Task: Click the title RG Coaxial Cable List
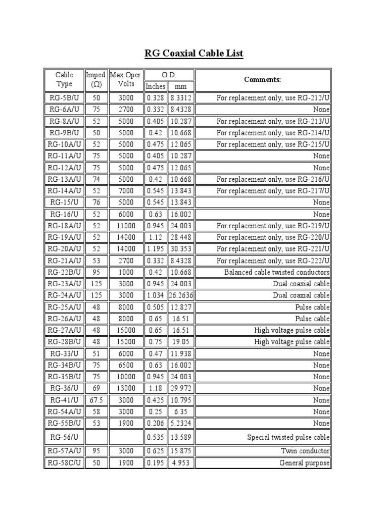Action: click(194, 53)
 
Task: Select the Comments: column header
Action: click(262, 80)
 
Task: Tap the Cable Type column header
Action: click(64, 80)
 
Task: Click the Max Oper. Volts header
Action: click(126, 80)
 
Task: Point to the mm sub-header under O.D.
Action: click(180, 86)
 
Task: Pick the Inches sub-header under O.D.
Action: click(155, 86)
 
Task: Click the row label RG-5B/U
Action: click(64, 98)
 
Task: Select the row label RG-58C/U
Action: click(64, 463)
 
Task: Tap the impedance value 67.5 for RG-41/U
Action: click(96, 400)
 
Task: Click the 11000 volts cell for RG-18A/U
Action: click(126, 226)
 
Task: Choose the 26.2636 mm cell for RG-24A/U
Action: click(181, 295)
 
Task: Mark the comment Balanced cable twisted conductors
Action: click(277, 272)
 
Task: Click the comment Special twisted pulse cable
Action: click(288, 437)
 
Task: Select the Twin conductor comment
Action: click(305, 451)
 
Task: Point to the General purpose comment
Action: click(304, 463)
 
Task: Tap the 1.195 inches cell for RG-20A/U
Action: click(155, 249)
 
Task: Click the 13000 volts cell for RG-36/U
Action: click(126, 388)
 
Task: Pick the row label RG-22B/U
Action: click(64, 272)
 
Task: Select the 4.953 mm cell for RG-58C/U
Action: click(180, 463)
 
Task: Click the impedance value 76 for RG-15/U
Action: click(96, 202)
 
